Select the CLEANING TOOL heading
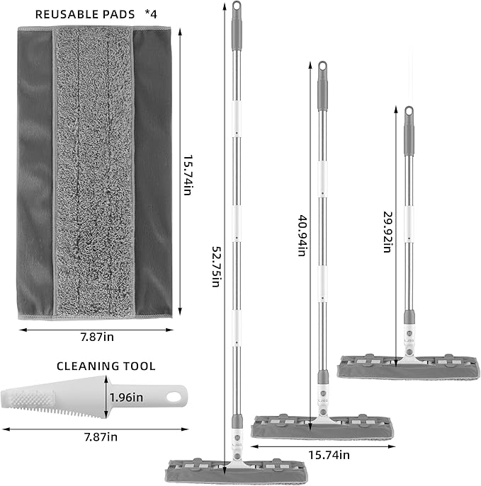[106, 366]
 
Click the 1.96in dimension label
[128, 398]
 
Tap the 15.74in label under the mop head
[326, 455]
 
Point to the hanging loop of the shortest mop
[409, 112]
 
